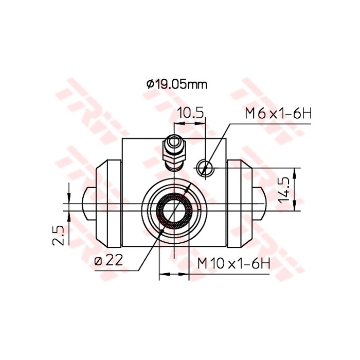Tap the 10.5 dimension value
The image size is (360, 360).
[191, 113]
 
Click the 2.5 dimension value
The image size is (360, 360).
[59, 235]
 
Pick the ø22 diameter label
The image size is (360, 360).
[109, 261]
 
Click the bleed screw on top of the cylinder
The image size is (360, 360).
[172, 151]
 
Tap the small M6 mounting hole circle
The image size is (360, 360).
[204, 166]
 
